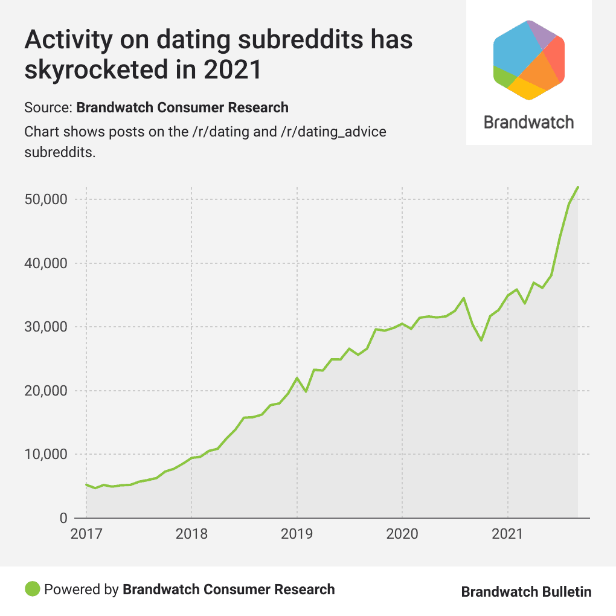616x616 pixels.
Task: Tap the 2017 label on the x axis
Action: click(86, 534)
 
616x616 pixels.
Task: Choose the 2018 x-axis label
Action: click(191, 534)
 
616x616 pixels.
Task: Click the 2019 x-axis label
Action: click(297, 534)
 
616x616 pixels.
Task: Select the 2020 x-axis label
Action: click(402, 534)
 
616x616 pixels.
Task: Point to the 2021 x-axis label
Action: click(508, 534)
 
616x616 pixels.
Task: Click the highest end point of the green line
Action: click(578, 187)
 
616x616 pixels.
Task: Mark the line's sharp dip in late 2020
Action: click(481, 341)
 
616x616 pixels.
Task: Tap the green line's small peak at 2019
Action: click(297, 378)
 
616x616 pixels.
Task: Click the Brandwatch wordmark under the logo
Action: click(528, 122)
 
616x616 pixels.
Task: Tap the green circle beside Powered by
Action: click(33, 589)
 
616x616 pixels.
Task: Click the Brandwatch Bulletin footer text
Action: click(526, 591)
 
